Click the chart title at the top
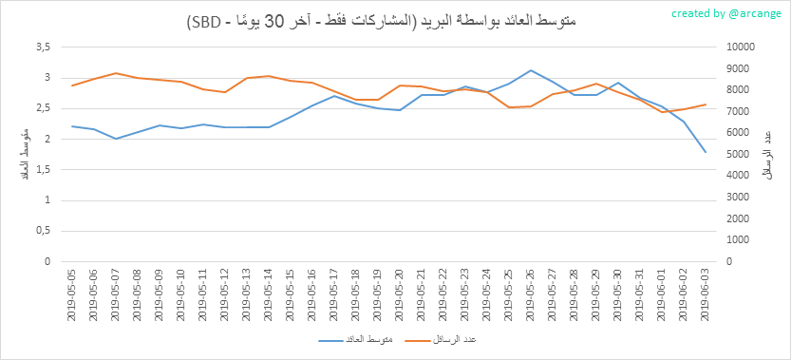tap(382, 22)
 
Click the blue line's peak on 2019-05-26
tap(531, 70)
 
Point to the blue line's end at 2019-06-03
tap(706, 152)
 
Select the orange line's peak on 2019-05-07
tap(116, 73)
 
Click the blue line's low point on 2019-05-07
tap(116, 139)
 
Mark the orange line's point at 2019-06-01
tap(661, 112)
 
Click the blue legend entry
tap(356, 340)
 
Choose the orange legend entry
tap(441, 340)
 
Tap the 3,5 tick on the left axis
tap(45, 47)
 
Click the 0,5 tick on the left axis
tap(45, 231)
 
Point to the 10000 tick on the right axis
tap(738, 47)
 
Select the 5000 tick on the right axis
tap(736, 155)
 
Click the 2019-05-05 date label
tap(72, 294)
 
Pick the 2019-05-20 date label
tap(399, 294)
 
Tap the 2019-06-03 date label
tap(705, 294)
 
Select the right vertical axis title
tap(768, 155)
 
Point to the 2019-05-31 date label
tap(639, 294)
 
